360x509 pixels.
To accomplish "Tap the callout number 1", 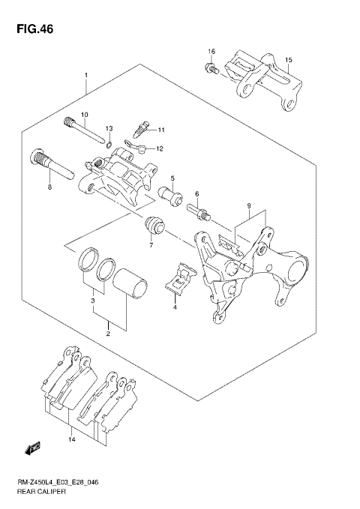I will pos(86,76).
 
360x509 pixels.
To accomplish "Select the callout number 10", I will pos(85,115).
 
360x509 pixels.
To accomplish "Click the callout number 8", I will pos(49,187).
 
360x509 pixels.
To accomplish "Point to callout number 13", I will pos(109,129).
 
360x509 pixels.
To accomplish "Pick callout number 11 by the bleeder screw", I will pos(160,130).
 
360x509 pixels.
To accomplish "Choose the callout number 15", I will pos(289,59).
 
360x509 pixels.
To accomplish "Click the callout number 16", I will pos(211,52).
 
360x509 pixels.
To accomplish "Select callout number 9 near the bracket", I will pos(247,205).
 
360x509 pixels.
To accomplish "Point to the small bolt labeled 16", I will pos(210,69).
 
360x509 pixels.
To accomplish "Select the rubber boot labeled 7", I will pos(154,224).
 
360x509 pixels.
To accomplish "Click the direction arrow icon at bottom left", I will pos(32,448).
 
